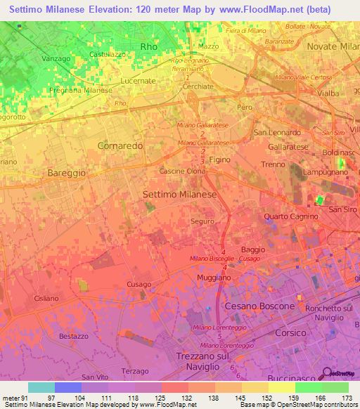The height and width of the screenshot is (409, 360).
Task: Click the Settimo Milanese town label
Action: tap(179, 193)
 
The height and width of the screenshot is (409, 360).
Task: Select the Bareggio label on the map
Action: tap(66, 172)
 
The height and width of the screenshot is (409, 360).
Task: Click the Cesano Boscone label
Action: tap(259, 306)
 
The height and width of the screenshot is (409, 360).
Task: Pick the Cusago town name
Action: tap(139, 284)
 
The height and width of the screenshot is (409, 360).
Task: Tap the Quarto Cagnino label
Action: tap(292, 216)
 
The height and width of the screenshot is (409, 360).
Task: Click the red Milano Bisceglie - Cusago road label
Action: tap(225, 259)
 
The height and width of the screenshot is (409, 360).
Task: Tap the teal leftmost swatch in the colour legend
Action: tap(41, 387)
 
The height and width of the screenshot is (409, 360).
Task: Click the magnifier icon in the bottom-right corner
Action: tap(327, 373)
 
